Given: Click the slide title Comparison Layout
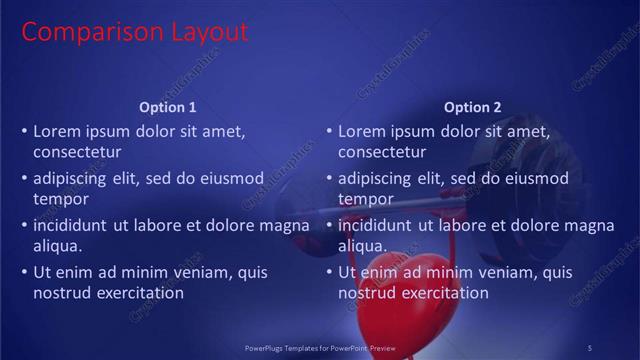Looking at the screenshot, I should pos(134,32).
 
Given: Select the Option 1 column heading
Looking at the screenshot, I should pos(168,107).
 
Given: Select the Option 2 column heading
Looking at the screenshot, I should pos(473,107).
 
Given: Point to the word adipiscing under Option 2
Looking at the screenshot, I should pos(373,178).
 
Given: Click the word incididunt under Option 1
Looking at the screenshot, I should pos(72,225).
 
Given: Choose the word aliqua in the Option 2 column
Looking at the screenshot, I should pos(363,246).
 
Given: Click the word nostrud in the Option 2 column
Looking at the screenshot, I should pos(367,293).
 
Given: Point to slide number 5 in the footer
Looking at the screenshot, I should pos(590,347).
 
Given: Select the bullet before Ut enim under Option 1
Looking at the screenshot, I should pos(24,272).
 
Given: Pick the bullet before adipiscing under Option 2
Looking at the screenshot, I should pos(329,178).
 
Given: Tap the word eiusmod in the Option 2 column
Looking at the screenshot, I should pos(533,178).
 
